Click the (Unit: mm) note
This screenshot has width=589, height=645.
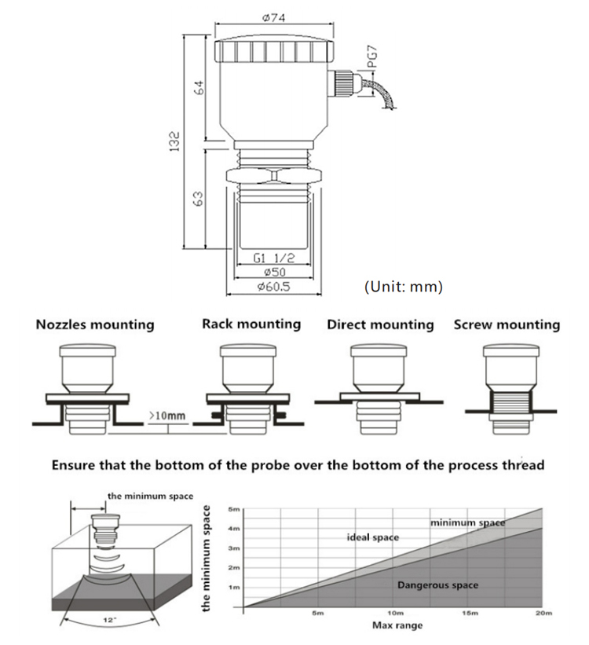[x=404, y=287]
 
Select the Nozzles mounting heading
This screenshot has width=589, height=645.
[x=95, y=324]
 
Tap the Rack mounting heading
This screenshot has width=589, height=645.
[x=251, y=324]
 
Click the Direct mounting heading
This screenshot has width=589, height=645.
[x=380, y=324]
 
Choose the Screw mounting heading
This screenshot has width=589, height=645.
[x=507, y=324]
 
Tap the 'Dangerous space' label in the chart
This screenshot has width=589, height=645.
[x=437, y=585]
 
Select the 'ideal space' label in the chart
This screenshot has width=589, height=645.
[x=373, y=537]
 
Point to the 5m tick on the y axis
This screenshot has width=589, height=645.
[x=233, y=510]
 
